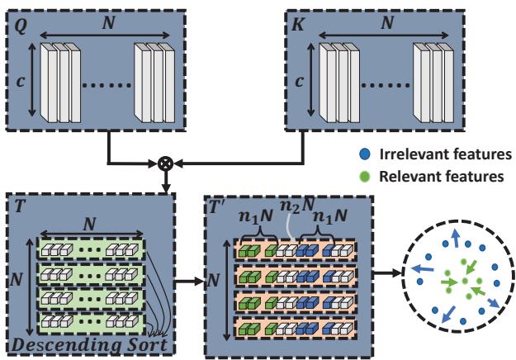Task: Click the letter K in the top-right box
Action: click(295, 16)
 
